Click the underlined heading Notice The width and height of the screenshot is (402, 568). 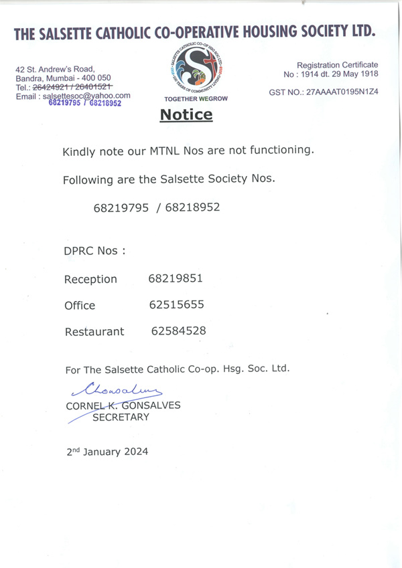point(186,115)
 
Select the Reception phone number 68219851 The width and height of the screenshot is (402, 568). point(176,278)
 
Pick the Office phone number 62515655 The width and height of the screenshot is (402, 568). point(176,304)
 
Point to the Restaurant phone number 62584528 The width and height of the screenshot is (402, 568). point(178,330)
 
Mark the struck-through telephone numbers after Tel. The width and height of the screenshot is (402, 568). point(72,87)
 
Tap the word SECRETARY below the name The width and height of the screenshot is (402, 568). point(121,417)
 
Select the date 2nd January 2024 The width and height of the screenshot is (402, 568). point(107,452)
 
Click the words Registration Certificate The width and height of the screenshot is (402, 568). point(337,65)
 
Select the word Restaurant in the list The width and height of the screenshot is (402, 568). point(94,331)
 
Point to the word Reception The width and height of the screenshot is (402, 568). point(90,279)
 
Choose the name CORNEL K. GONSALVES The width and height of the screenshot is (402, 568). point(123,405)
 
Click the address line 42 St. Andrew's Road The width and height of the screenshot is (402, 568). point(55,69)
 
